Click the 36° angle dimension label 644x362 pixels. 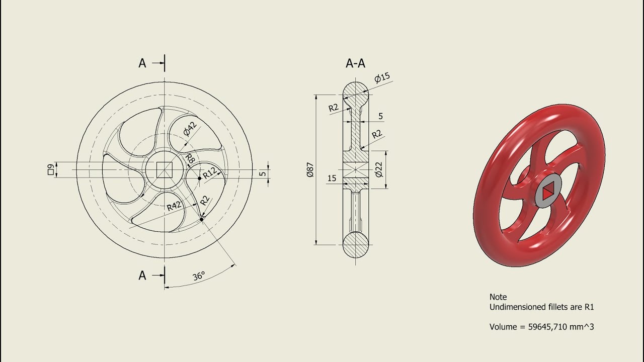[198, 277]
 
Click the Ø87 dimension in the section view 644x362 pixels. [310, 170]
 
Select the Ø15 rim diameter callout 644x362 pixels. [383, 78]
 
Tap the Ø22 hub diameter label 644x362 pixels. [379, 170]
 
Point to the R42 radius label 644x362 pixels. [174, 206]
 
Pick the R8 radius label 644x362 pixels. [190, 159]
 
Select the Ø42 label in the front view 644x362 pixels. [190, 129]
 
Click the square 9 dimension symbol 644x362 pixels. [50, 170]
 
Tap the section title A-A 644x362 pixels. [355, 63]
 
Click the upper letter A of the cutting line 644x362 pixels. [142, 63]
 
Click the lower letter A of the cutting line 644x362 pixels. [142, 276]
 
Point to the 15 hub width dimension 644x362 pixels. [332, 178]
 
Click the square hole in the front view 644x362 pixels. [164, 170]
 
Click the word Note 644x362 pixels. [498, 297]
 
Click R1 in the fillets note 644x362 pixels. [589, 307]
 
